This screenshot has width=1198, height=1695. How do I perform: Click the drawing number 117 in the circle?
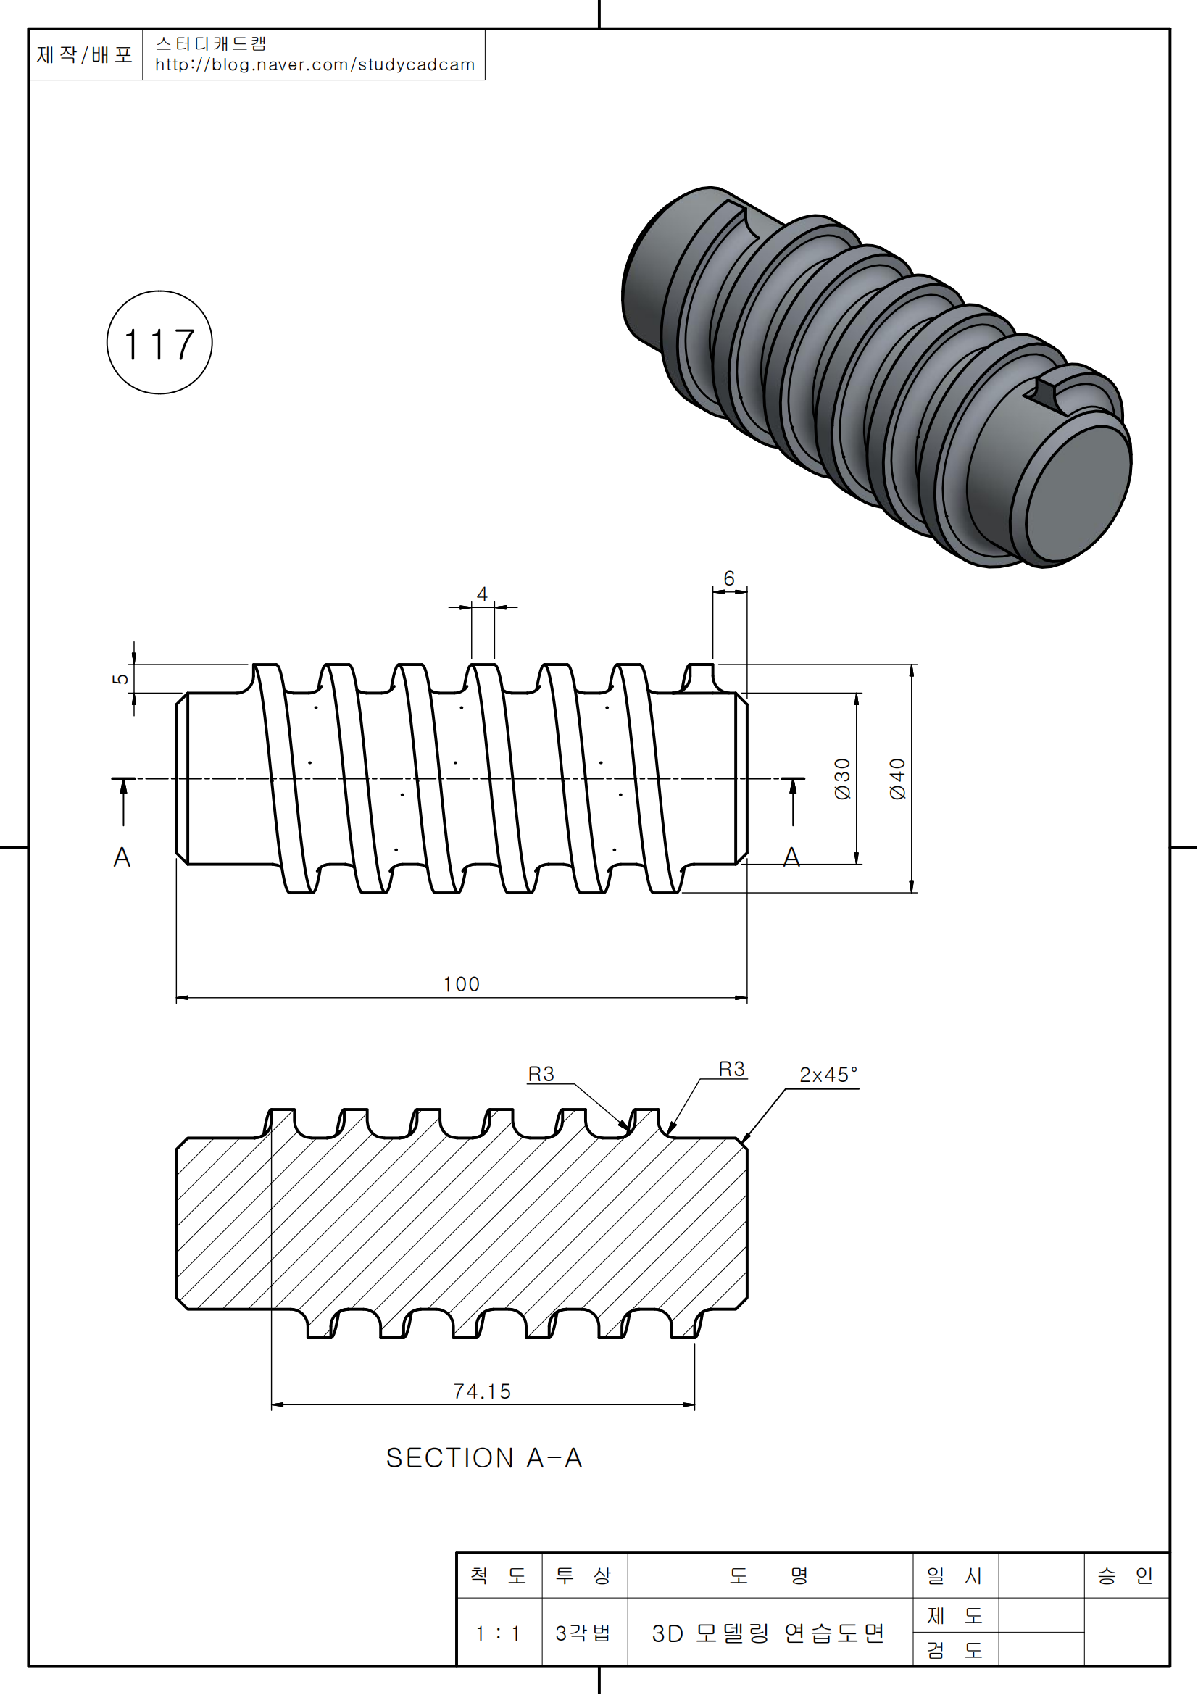click(x=159, y=344)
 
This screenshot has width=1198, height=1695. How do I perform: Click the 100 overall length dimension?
click(x=462, y=984)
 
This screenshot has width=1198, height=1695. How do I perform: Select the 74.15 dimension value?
click(x=482, y=1391)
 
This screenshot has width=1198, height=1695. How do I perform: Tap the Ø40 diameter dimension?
click(x=897, y=779)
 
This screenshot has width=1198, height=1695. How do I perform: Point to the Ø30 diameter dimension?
click(x=842, y=779)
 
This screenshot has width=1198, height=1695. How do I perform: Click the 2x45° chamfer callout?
click(x=828, y=1075)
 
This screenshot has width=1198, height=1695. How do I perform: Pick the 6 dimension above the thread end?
click(x=729, y=578)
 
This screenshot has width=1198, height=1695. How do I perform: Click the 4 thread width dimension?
click(x=482, y=594)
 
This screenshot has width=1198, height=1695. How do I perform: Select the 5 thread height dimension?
click(x=120, y=678)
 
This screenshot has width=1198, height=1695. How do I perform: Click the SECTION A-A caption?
click(x=484, y=1459)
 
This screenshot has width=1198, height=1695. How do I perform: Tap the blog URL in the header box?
click(x=315, y=65)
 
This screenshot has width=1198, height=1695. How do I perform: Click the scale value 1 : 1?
click(x=498, y=1633)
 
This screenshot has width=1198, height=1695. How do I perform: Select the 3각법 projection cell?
click(x=583, y=1633)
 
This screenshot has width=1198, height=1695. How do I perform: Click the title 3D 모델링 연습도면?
click(x=768, y=1633)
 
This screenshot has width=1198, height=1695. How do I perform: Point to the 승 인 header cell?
click(x=1125, y=1576)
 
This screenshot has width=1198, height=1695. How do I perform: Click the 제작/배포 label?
click(x=85, y=54)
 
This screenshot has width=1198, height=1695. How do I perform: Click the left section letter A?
click(x=122, y=857)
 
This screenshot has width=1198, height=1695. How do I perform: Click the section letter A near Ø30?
click(x=792, y=857)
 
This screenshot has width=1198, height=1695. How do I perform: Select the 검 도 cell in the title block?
click(x=954, y=1650)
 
